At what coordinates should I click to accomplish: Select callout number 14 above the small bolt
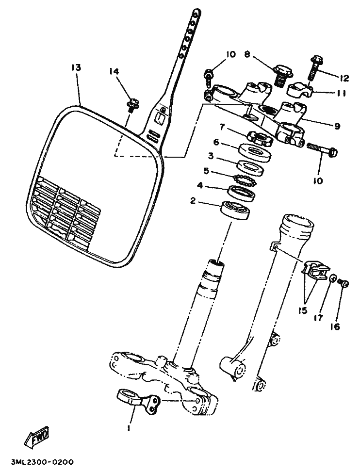[114, 71]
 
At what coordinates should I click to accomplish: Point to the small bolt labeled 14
[131, 104]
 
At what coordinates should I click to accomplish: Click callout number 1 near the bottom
[129, 428]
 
